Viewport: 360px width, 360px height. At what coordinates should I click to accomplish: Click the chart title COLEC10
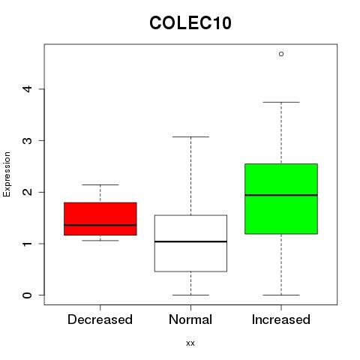point(190,23)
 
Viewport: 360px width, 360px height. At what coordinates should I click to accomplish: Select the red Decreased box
point(100,219)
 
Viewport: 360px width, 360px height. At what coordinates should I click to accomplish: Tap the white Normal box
point(190,243)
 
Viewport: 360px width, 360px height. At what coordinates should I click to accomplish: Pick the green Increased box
point(281,199)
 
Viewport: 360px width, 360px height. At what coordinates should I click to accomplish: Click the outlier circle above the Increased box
point(281,54)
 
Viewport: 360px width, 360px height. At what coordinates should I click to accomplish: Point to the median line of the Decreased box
point(100,225)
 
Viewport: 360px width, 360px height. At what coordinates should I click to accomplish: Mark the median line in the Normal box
point(190,241)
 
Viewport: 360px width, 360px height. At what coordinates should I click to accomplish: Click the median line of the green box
point(281,195)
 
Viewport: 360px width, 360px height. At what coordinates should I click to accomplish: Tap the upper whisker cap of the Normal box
point(190,136)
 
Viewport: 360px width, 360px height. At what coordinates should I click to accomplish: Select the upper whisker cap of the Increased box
point(281,102)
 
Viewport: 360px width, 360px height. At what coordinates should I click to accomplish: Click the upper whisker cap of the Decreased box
point(100,184)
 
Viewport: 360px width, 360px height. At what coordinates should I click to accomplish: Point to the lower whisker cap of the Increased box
point(281,295)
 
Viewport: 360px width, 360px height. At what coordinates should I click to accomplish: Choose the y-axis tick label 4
point(28,88)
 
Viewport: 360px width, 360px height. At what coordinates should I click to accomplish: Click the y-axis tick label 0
point(28,295)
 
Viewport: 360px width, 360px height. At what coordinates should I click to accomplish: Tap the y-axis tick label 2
point(28,192)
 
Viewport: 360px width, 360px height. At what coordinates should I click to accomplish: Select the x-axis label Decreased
point(100,319)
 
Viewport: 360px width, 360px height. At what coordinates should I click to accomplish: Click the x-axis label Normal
point(190,319)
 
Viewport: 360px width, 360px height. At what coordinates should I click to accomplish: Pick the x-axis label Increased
point(281,319)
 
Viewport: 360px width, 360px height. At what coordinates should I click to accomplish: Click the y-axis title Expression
point(7,174)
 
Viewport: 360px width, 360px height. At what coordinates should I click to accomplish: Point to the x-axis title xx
point(190,343)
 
